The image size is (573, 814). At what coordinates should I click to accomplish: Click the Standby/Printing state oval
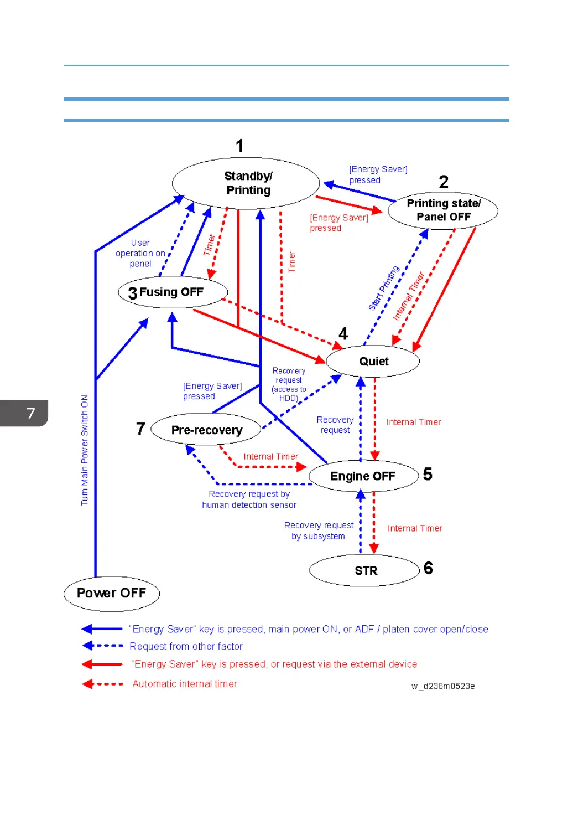[x=246, y=183]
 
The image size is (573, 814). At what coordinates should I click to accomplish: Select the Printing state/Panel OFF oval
[x=443, y=210]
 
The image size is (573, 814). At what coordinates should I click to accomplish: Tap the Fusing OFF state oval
[x=173, y=292]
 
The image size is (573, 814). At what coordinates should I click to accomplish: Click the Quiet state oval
[x=373, y=362]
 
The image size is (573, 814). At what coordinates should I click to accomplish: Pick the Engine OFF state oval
[x=363, y=476]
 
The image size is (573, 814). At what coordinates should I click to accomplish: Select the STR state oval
[x=365, y=570]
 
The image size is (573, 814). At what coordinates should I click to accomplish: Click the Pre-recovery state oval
[x=206, y=430]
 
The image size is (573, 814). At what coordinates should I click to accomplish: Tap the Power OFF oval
[x=111, y=593]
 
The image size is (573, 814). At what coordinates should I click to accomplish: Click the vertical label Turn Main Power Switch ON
[x=85, y=450]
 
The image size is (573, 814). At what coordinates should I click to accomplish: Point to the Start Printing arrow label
[x=384, y=288]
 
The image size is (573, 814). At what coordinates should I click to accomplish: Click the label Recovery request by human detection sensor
[x=249, y=499]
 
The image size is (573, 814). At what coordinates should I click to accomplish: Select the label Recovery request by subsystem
[x=319, y=530]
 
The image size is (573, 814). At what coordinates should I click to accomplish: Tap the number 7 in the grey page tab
[x=30, y=413]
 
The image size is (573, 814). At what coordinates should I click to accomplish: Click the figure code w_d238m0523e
[x=443, y=686]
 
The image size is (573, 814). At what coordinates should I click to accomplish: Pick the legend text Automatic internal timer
[x=185, y=684]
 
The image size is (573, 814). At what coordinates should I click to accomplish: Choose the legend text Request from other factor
[x=186, y=646]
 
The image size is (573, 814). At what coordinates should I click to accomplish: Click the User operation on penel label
[x=140, y=253]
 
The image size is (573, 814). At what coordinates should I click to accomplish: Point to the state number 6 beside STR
[x=428, y=568]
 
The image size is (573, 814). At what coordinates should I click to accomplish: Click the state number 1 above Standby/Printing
[x=239, y=146]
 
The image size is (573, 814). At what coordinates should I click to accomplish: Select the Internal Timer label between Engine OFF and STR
[x=415, y=528]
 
